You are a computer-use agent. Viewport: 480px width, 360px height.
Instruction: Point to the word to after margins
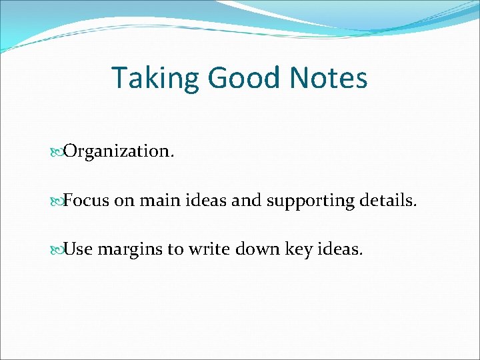175,249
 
